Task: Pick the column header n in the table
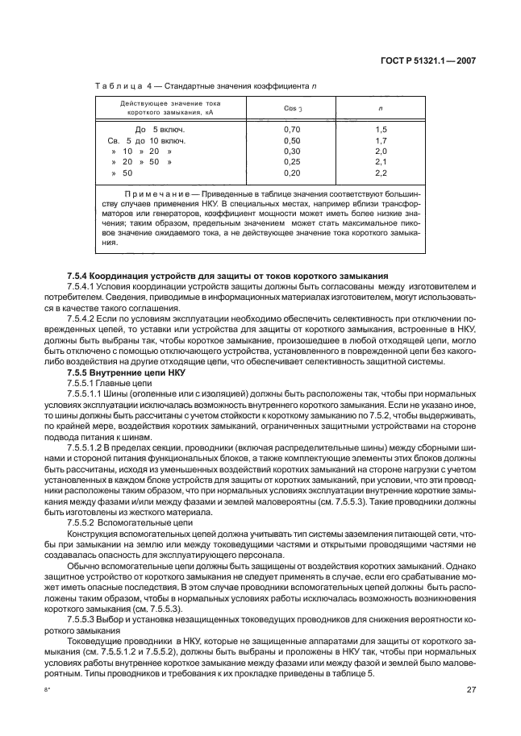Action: click(381, 108)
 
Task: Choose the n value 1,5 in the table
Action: click(381, 129)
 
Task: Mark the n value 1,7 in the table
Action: click(381, 140)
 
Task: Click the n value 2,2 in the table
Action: click(381, 173)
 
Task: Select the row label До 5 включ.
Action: click(160, 129)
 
